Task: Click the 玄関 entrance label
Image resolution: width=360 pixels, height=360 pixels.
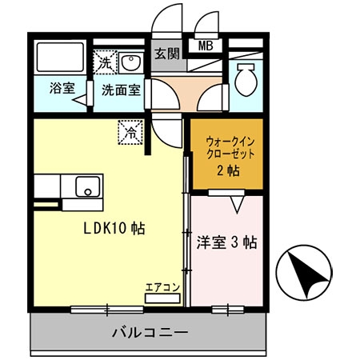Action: click(167, 54)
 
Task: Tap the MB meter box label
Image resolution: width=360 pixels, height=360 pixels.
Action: click(205, 46)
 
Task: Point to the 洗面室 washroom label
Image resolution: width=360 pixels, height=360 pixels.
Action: click(120, 90)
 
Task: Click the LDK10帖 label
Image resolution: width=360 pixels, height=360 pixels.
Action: click(115, 227)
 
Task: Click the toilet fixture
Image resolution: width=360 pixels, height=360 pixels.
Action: click(246, 78)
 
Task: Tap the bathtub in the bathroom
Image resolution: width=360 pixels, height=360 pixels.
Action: click(58, 56)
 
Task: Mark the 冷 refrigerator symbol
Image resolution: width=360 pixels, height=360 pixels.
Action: click(128, 130)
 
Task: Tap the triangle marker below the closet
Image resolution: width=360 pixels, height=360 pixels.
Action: click(237, 206)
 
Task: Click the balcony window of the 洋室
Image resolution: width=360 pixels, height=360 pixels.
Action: click(227, 309)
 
